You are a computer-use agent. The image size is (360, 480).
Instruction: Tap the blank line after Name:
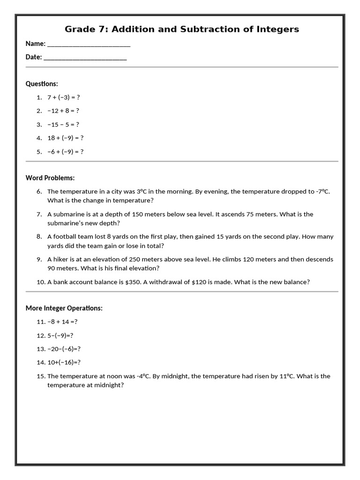click(89, 45)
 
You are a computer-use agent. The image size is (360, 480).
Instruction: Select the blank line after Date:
click(85, 59)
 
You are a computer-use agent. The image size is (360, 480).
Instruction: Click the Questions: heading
click(42, 83)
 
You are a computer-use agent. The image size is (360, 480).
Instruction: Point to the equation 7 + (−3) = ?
click(64, 97)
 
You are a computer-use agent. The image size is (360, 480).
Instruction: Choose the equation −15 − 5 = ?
click(63, 125)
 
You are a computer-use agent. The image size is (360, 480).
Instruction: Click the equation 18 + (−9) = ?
click(65, 138)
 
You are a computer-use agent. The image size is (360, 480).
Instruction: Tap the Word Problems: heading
click(50, 178)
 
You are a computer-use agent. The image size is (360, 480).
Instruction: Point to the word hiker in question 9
click(61, 259)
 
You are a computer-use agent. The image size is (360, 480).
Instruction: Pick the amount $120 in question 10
click(200, 282)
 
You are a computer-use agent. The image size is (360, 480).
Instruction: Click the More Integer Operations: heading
click(64, 308)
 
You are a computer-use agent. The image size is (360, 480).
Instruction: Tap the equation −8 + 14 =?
click(62, 322)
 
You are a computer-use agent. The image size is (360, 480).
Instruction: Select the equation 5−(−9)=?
click(60, 336)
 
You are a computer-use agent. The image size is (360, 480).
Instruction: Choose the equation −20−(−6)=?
click(64, 349)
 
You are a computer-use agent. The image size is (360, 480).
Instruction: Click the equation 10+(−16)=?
click(64, 362)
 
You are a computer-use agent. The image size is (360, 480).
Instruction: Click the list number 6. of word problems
click(39, 191)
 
